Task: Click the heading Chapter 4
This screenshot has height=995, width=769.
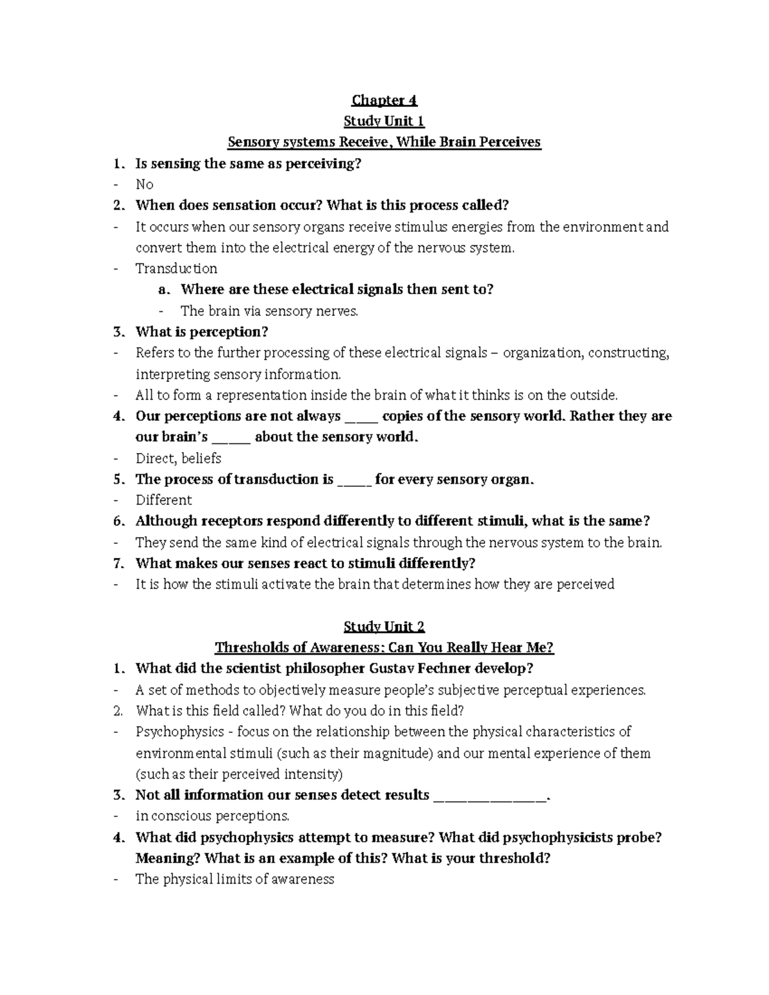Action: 384,100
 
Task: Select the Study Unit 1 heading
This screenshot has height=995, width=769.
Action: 384,121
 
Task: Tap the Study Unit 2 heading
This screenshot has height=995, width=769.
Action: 384,626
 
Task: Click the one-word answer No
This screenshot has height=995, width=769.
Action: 144,185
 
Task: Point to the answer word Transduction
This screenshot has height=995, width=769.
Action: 176,268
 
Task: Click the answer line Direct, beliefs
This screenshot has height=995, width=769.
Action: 178,458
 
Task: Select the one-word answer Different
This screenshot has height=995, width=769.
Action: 163,500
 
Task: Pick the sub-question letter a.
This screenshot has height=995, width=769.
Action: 164,290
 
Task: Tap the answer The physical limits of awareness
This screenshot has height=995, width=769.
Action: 235,879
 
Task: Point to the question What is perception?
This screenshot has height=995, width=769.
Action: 201,332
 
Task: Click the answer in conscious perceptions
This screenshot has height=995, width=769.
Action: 212,816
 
